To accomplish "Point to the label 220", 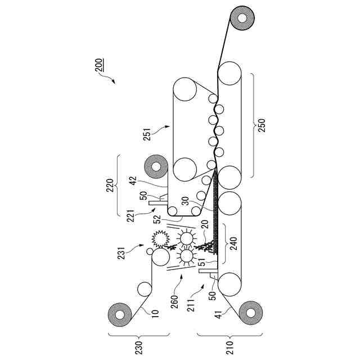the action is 110,186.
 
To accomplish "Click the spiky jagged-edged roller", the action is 160,239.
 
